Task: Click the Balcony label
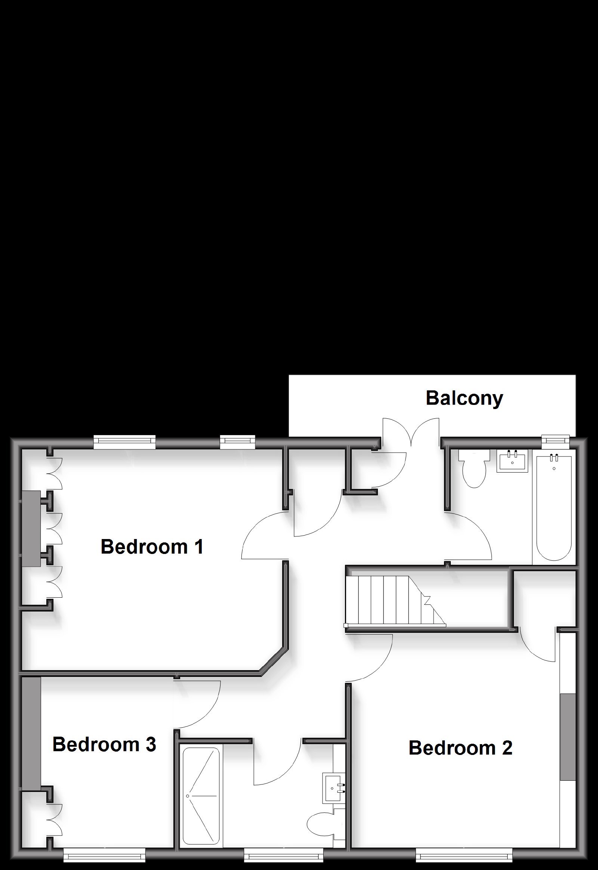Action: point(464,399)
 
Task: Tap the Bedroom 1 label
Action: point(152,547)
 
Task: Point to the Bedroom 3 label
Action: point(104,744)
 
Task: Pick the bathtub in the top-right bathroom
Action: point(554,506)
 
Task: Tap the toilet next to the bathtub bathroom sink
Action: point(474,468)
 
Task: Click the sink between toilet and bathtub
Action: point(512,461)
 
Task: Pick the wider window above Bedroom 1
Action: point(124,442)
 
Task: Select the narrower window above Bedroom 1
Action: point(238,442)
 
